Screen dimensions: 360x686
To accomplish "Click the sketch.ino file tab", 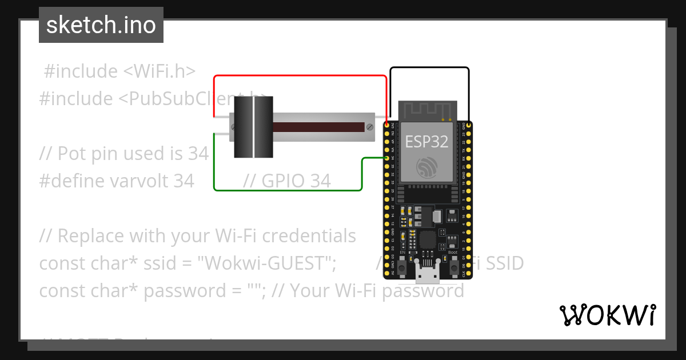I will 101,25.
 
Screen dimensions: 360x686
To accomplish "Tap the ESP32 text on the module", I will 426,141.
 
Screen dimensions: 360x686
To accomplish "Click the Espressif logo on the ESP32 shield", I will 426,166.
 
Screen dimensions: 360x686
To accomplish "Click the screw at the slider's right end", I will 370,126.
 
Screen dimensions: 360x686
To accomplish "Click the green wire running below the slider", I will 286,190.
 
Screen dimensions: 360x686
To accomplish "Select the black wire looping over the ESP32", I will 429,67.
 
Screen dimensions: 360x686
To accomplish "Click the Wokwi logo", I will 607,315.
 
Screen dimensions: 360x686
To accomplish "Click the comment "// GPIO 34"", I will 286,181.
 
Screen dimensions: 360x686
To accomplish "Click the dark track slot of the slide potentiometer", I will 320,126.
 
